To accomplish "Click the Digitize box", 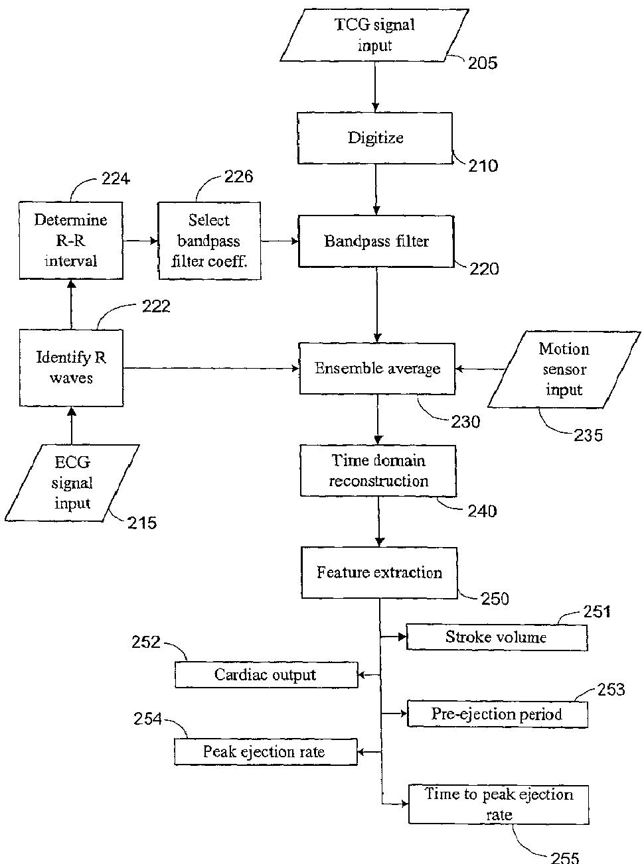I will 375,138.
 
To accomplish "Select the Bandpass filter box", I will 376,241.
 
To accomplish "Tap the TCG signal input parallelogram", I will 375,36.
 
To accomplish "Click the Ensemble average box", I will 377,369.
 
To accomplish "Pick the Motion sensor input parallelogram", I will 563,369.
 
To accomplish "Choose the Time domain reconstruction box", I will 378,471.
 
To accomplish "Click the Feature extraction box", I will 379,572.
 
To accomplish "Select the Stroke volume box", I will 496,637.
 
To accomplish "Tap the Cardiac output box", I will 266,675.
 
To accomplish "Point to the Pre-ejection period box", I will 497,714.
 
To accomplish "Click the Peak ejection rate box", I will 265,752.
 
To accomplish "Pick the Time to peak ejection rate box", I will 499,804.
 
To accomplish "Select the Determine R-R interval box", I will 71,240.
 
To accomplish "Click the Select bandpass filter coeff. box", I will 208,240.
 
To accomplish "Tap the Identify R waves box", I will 71,368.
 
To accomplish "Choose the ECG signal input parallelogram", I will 72,483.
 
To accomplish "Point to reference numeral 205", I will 483,64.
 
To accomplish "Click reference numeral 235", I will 589,435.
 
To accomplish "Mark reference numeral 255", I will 565,857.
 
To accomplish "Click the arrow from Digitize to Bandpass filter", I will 376,189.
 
